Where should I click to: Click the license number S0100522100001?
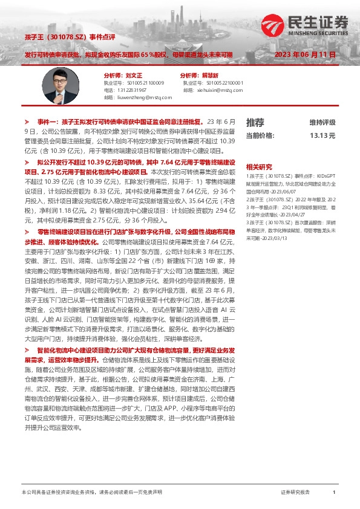tap(224, 82)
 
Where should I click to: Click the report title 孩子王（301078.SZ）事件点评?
tap(70, 37)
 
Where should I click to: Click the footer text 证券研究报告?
tap(295, 493)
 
